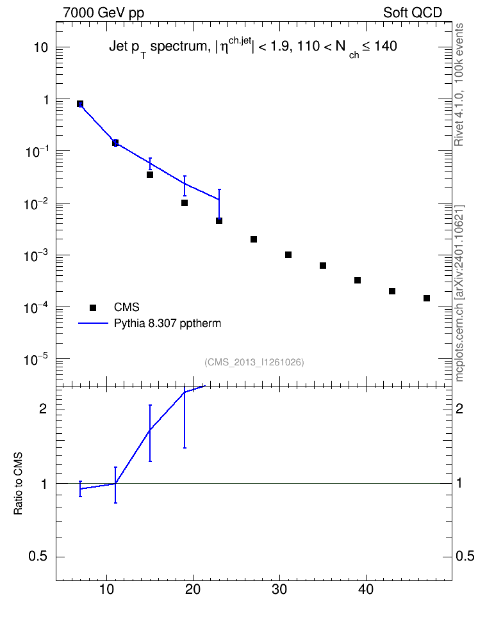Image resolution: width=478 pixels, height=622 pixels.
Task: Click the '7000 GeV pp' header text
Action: [x=103, y=13]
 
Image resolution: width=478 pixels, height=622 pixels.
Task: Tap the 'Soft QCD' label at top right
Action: [x=413, y=13]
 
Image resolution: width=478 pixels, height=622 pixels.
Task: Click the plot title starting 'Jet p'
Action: [x=253, y=48]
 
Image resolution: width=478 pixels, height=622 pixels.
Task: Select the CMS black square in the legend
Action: [x=93, y=307]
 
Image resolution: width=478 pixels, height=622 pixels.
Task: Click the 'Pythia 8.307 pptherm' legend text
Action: [x=167, y=323]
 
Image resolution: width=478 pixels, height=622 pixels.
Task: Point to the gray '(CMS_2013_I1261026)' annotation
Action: [x=254, y=362]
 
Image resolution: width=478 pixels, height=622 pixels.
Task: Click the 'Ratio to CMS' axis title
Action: [x=19, y=483]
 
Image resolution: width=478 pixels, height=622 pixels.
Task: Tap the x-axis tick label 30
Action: [x=279, y=589]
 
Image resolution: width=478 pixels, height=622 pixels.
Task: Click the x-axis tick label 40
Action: [x=366, y=589]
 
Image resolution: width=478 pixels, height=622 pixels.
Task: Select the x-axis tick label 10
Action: [x=106, y=589]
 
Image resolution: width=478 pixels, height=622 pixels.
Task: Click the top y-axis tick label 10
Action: [x=40, y=47]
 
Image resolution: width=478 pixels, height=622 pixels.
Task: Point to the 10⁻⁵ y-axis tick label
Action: [x=37, y=360]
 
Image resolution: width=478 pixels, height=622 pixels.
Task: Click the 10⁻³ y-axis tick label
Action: [x=37, y=255]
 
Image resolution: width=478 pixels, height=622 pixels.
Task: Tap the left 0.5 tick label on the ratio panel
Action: [x=38, y=557]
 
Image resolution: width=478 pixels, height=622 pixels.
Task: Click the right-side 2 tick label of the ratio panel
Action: [x=459, y=408]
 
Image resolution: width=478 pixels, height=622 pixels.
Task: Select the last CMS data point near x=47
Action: [x=427, y=298]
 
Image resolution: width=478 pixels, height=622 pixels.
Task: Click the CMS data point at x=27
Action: [x=254, y=239]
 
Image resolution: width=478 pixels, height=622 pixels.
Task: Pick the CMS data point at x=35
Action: [x=323, y=266]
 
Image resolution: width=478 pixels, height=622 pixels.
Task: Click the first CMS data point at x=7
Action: [x=80, y=104]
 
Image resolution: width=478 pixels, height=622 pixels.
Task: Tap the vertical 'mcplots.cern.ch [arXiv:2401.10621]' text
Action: [x=459, y=294]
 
